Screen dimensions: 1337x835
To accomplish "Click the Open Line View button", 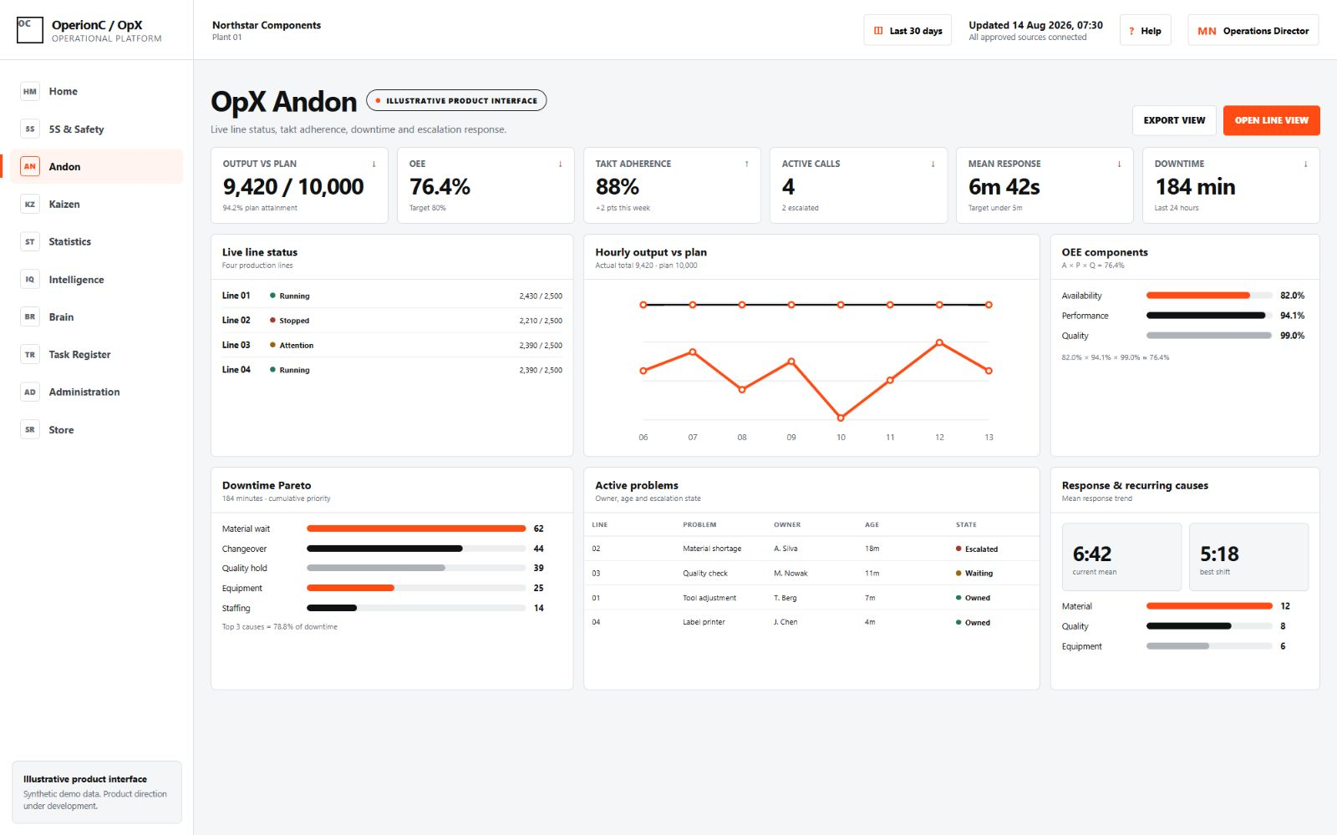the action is [x=1271, y=120].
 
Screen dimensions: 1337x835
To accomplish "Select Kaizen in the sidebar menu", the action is [x=64, y=204].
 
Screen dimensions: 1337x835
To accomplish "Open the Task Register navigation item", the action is [x=79, y=354].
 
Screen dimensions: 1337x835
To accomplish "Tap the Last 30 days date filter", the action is [x=907, y=30].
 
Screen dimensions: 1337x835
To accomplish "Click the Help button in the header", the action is [x=1145, y=30].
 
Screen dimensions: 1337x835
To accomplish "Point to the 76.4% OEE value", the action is [x=440, y=187].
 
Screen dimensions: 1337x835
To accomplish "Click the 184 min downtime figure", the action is [x=1195, y=187].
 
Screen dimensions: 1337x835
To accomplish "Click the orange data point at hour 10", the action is [x=841, y=417].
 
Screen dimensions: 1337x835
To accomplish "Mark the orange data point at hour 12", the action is [x=939, y=342].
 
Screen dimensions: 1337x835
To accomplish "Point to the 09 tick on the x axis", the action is [x=791, y=438].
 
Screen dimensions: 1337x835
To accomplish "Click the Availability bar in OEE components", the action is [x=1198, y=296].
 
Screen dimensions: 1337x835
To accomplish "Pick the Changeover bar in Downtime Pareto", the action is [x=384, y=548].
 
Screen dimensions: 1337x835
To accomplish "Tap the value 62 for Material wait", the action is [x=538, y=529].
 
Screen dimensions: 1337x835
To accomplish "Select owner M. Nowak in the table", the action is [x=791, y=573].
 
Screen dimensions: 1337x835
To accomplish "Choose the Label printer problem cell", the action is [x=704, y=622].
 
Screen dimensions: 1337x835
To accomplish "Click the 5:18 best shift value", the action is [x=1219, y=554].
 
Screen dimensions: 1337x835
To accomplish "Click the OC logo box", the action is [x=30, y=30].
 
